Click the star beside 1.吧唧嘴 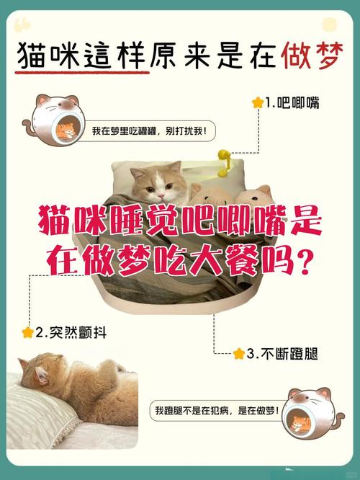(x=257, y=103)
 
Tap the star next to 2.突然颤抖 (x=27, y=332)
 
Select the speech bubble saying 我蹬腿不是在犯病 (x=214, y=410)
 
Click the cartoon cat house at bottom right (x=306, y=415)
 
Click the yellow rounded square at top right (x=329, y=25)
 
